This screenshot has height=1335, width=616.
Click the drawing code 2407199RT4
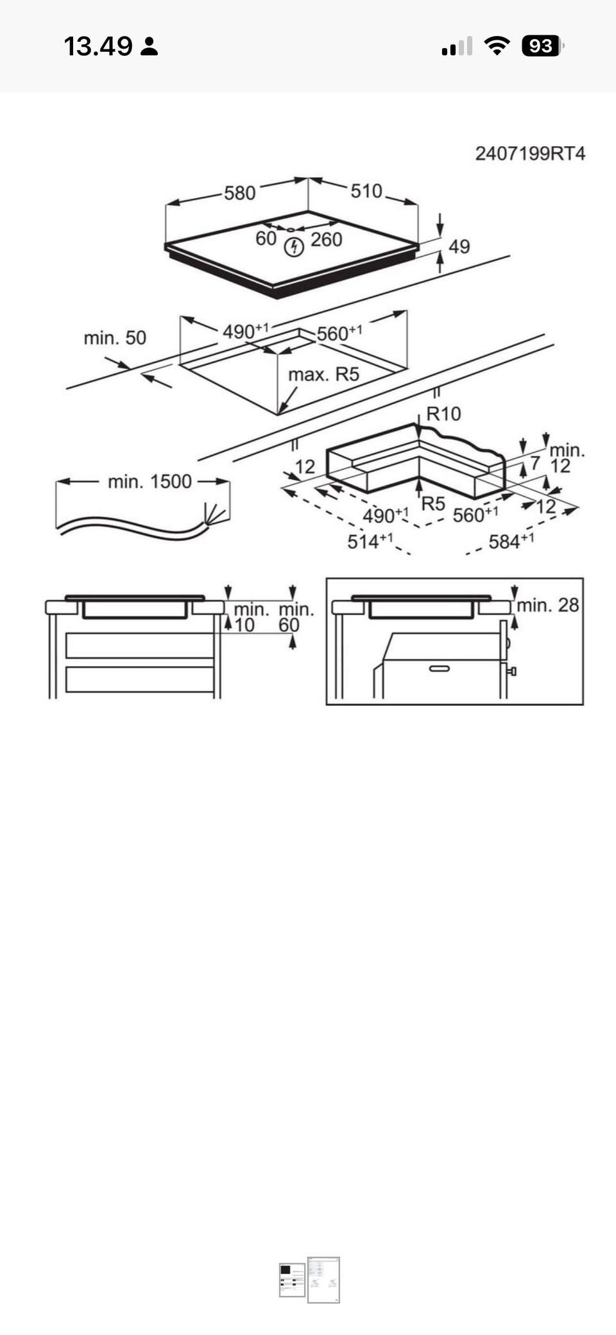(x=530, y=153)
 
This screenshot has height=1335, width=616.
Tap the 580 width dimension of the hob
(x=239, y=192)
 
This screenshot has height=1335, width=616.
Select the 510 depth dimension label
(x=366, y=191)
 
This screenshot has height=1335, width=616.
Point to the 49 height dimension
(x=459, y=246)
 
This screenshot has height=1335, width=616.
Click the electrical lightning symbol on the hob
(x=294, y=247)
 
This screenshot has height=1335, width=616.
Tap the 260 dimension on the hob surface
(x=326, y=239)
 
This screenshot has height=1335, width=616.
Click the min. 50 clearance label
(x=115, y=337)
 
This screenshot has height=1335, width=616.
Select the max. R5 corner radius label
(x=323, y=374)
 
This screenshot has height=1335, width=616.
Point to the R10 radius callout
(x=443, y=414)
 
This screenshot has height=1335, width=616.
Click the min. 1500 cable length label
(x=150, y=481)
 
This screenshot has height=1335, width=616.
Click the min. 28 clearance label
(x=547, y=604)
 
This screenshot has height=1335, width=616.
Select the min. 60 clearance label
(x=295, y=616)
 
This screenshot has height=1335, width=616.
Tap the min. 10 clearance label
(x=250, y=616)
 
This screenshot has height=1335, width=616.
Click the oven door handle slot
(x=439, y=668)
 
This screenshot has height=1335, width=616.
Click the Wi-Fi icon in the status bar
(x=496, y=46)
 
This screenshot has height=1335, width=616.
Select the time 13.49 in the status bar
(x=98, y=46)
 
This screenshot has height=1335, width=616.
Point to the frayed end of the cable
(x=216, y=514)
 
